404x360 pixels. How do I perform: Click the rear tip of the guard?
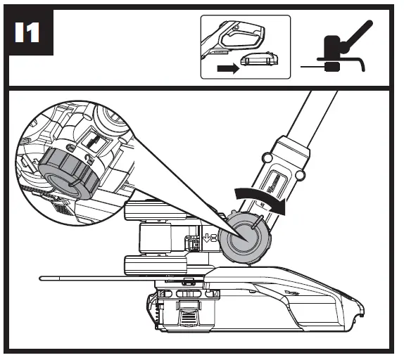point(361,307)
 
